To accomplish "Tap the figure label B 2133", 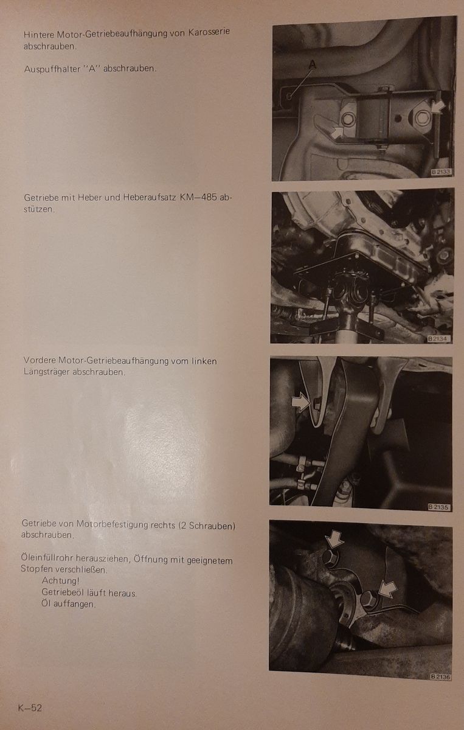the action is pyautogui.click(x=441, y=172).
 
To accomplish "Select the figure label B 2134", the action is pyautogui.click(x=439, y=339).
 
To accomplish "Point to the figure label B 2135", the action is pyautogui.click(x=439, y=507).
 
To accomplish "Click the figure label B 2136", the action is pyautogui.click(x=440, y=676).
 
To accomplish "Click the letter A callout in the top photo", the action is pyautogui.click(x=312, y=65).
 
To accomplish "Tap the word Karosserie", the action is pyautogui.click(x=209, y=32).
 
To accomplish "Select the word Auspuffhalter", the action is pyautogui.click(x=52, y=69).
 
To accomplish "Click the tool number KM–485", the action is pyautogui.click(x=198, y=198).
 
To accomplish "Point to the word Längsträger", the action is pyautogui.click(x=47, y=372).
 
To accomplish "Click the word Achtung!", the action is pyautogui.click(x=61, y=580).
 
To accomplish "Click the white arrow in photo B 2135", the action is pyautogui.click(x=301, y=402).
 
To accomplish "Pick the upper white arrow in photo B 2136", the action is pyautogui.click(x=334, y=540).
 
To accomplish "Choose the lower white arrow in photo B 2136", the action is pyautogui.click(x=387, y=589).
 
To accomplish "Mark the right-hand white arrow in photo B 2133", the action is pyautogui.click(x=438, y=107).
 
